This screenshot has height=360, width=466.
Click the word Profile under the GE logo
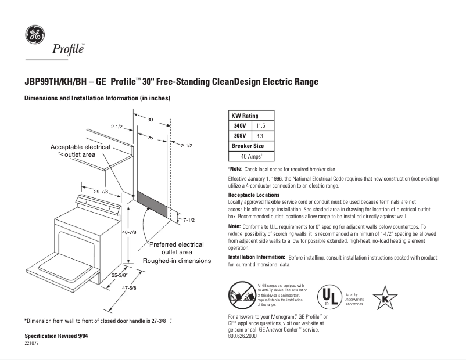point(69,49)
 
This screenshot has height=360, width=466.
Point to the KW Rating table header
point(245,116)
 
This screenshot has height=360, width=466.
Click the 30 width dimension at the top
point(149,120)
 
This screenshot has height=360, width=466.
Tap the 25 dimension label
point(149,138)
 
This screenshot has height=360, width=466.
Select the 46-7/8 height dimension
point(128,232)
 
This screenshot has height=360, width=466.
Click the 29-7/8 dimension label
point(101,191)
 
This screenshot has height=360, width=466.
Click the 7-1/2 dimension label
point(188,221)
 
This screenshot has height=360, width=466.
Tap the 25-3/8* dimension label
point(119,276)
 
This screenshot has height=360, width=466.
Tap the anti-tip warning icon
point(240,294)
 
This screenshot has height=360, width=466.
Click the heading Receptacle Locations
point(254,195)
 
